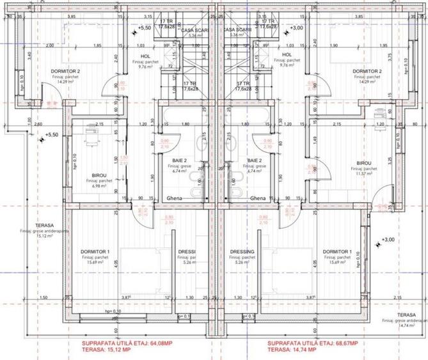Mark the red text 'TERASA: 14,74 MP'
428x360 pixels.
[292, 350]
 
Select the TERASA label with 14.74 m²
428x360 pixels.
[405, 315]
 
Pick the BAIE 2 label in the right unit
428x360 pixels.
[255, 160]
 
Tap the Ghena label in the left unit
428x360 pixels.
[175, 198]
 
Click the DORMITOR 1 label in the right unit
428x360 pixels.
[337, 252]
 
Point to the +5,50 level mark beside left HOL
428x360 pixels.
[145, 28]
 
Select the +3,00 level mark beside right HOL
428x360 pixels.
[296, 28]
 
